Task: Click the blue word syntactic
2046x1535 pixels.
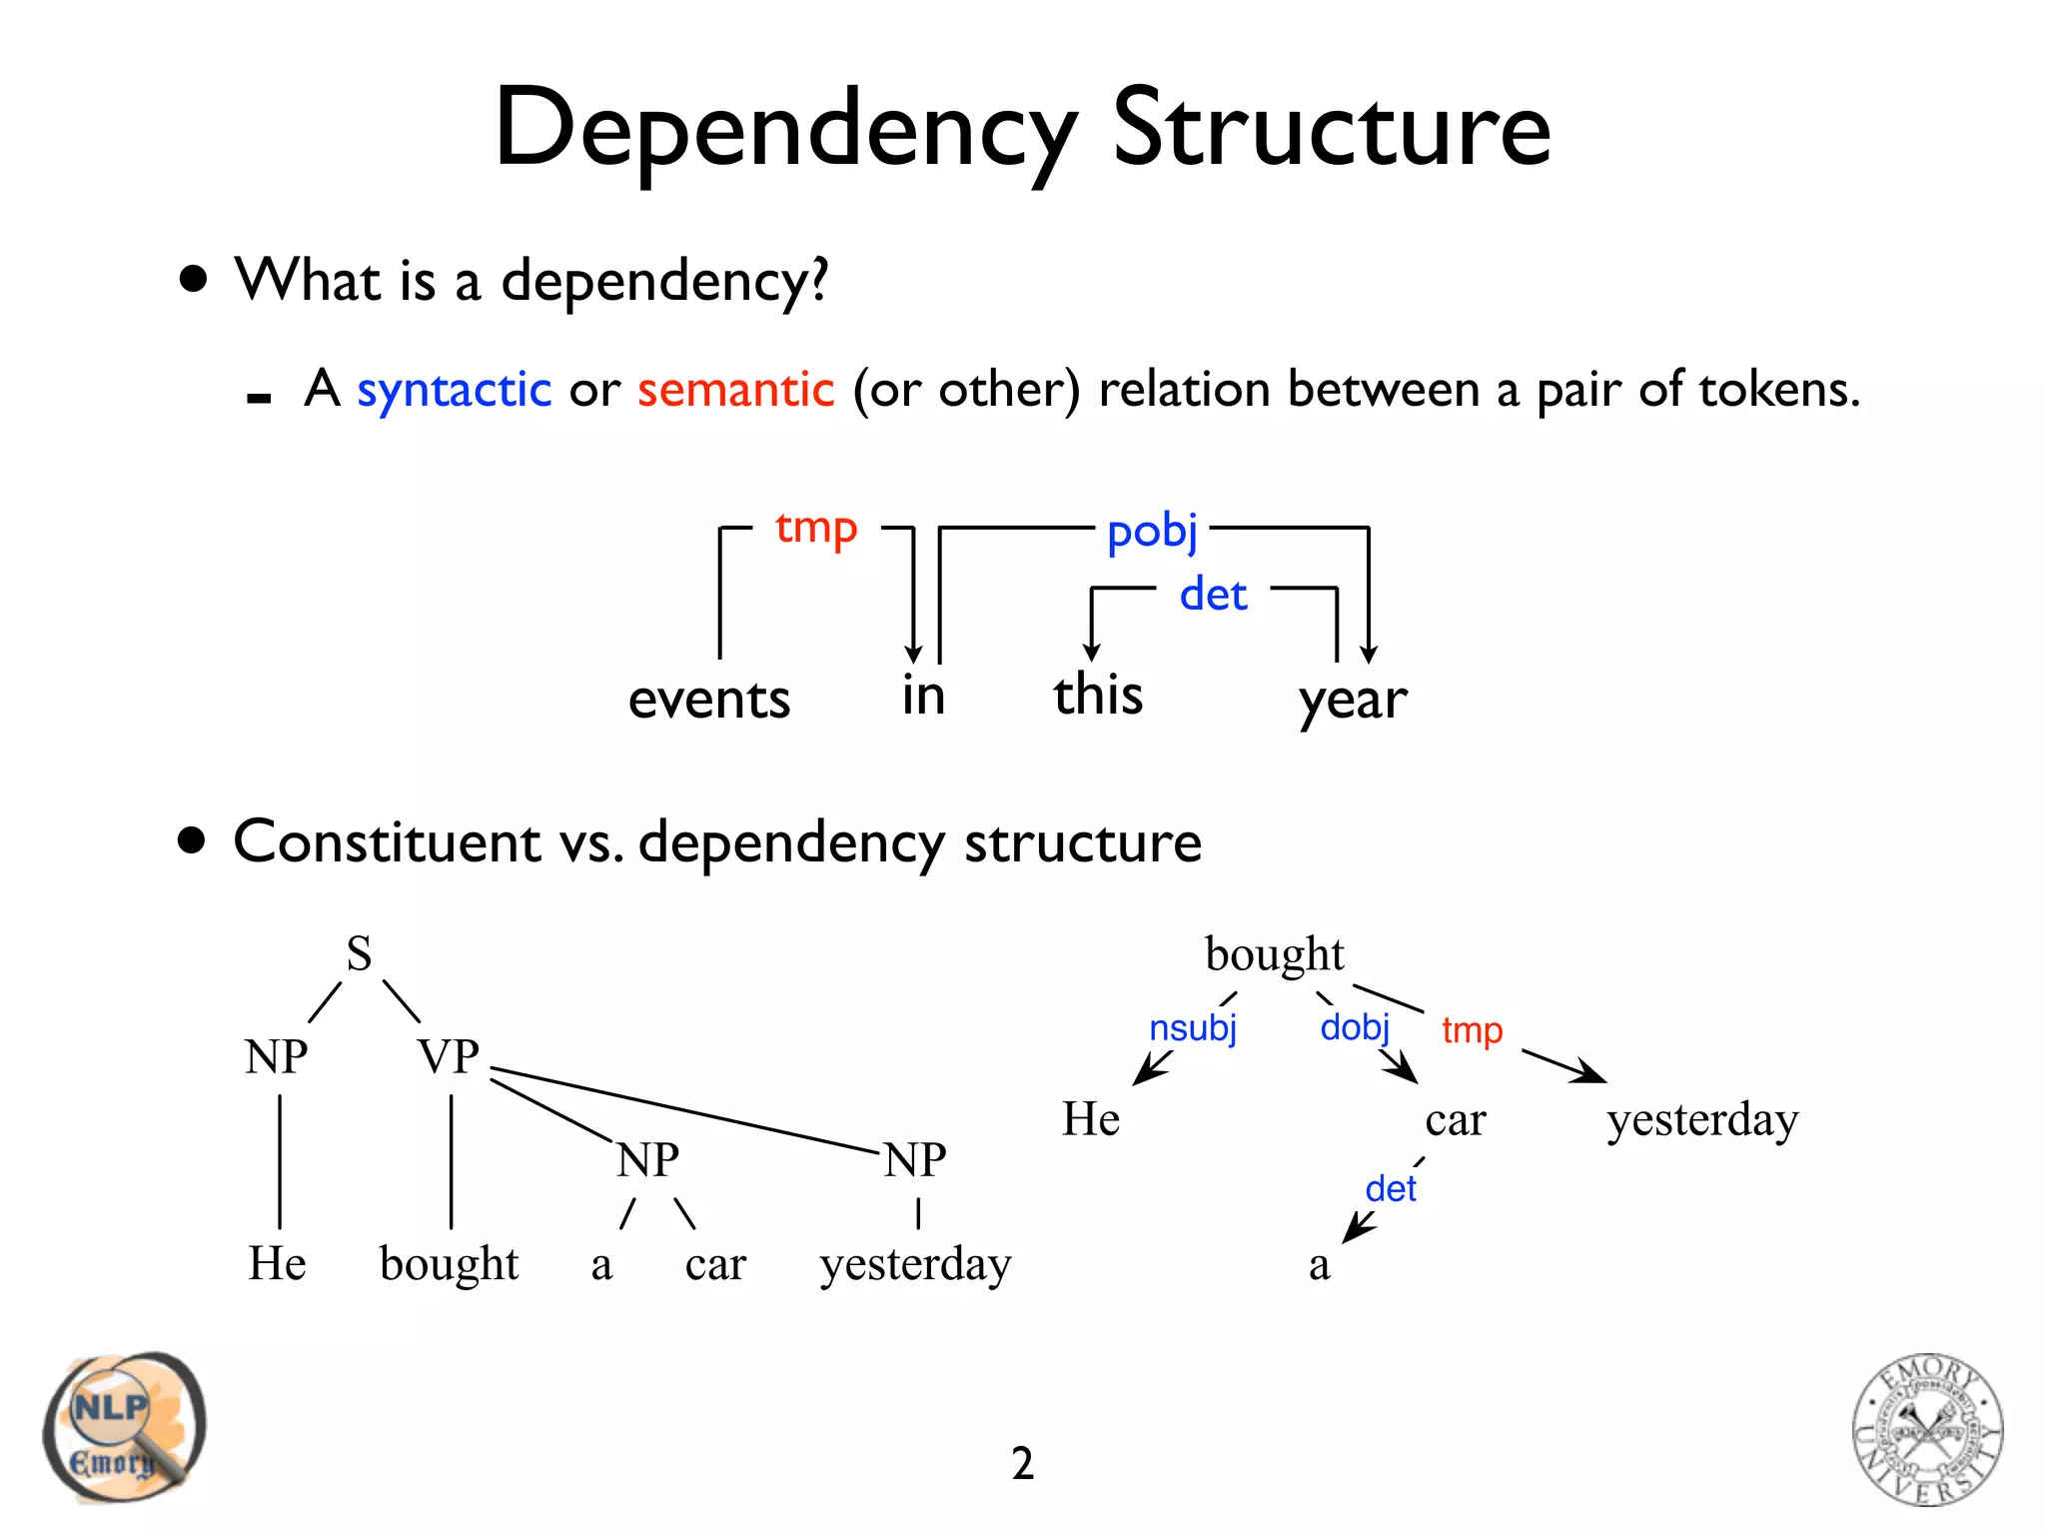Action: [x=454, y=390]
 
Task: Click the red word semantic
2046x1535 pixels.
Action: [x=735, y=390]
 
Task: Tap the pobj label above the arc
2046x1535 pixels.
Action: [x=1152, y=531]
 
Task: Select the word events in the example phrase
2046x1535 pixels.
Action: [x=709, y=699]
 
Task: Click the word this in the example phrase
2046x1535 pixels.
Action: [x=1098, y=695]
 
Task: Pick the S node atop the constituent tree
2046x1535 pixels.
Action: [x=359, y=953]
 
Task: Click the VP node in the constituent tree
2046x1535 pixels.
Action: [x=449, y=1056]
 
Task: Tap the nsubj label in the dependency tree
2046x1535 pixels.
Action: [x=1193, y=1028]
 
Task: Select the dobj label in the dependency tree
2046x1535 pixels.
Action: [x=1355, y=1027]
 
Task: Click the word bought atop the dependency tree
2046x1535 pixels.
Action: [x=1275, y=954]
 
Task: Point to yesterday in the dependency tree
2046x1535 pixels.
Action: [x=1702, y=1120]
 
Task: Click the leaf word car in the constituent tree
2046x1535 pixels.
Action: [x=715, y=1264]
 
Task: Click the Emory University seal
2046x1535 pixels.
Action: [x=1927, y=1429]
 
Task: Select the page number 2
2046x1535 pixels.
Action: [x=1022, y=1464]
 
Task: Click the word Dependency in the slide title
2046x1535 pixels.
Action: [x=785, y=130]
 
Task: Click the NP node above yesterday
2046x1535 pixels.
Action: [x=915, y=1160]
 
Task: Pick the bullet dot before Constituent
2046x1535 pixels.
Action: [x=192, y=841]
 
